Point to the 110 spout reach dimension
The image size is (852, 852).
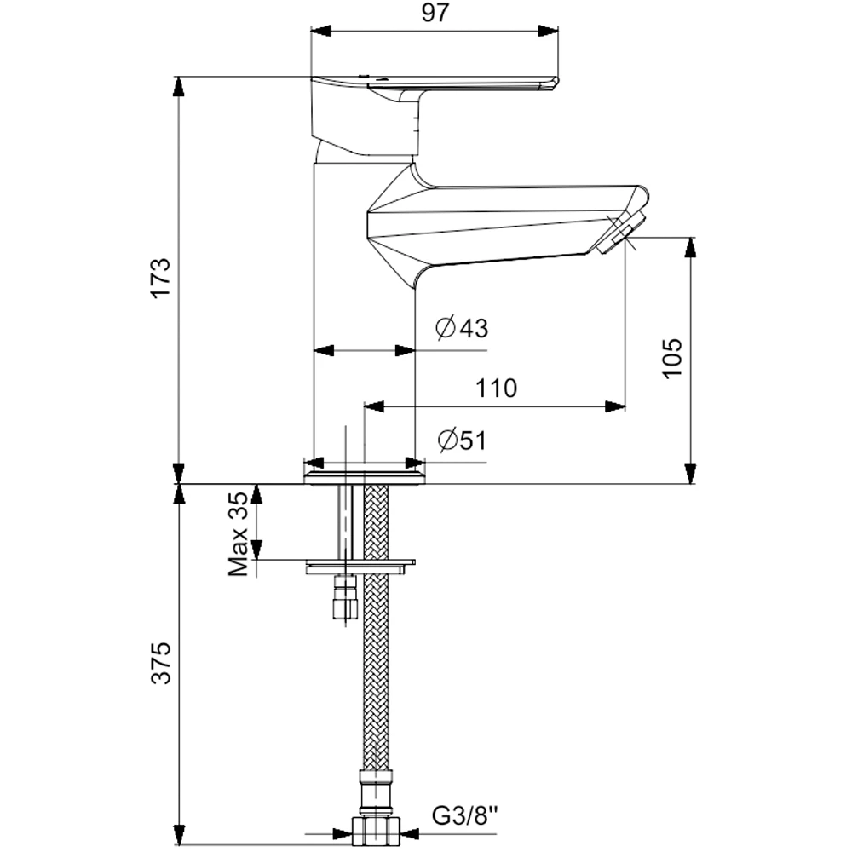click(496, 389)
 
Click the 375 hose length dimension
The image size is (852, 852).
click(162, 663)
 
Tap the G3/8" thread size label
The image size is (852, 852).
click(464, 816)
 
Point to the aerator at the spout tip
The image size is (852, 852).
click(619, 234)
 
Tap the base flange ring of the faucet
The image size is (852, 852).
click(364, 472)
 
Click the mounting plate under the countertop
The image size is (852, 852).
click(360, 565)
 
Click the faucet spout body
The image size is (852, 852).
click(503, 222)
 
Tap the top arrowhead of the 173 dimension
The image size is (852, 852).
click(180, 84)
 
